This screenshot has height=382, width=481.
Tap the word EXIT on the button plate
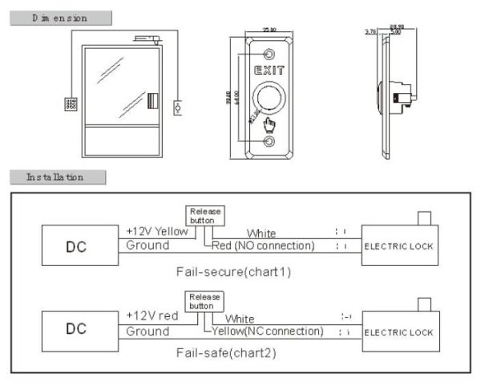[269, 71]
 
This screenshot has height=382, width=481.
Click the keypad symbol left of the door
[71, 104]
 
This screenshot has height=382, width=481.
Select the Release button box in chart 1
[204, 215]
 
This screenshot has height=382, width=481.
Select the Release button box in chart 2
[204, 301]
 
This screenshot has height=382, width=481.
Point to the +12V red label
[152, 317]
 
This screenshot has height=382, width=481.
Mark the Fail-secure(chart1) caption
[233, 271]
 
